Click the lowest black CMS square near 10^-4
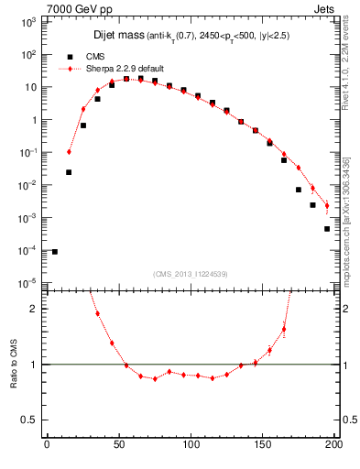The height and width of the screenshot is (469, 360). coord(55,251)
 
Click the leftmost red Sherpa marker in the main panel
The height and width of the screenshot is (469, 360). coord(70,151)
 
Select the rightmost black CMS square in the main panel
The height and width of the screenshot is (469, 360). coord(326,229)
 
